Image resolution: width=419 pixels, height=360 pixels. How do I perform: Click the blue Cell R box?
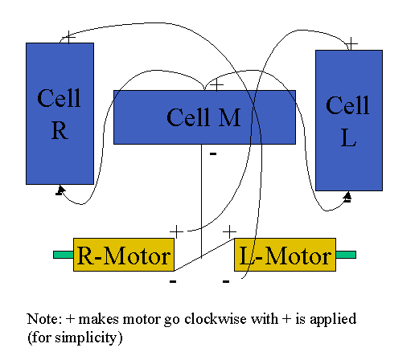pyautogui.click(x=60, y=113)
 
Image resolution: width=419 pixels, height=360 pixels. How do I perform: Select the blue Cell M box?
pyautogui.click(x=204, y=117)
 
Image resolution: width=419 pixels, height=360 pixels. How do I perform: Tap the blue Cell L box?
pyautogui.click(x=349, y=121)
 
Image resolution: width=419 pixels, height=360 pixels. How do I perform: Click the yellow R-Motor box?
pyautogui.click(x=124, y=255)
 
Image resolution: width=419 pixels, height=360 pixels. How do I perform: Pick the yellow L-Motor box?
pyautogui.click(x=285, y=255)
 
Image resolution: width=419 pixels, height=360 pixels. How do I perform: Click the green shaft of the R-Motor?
pyautogui.click(x=64, y=255)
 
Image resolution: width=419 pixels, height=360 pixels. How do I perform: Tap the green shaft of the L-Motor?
pyautogui.click(x=346, y=255)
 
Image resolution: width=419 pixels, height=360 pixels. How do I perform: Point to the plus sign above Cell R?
pyautogui.click(x=69, y=37)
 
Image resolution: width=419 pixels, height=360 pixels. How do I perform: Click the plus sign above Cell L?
pyautogui.click(x=351, y=43)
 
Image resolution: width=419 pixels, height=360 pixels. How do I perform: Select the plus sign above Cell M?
pyautogui.click(x=216, y=85)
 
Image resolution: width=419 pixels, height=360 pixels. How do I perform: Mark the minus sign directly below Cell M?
pyautogui.click(x=213, y=153)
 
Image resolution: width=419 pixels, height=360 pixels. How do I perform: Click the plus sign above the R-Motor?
pyautogui.click(x=176, y=231)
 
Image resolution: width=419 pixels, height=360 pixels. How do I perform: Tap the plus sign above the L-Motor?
pyautogui.click(x=229, y=231)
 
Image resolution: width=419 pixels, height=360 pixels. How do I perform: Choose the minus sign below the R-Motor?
pyautogui.click(x=173, y=281)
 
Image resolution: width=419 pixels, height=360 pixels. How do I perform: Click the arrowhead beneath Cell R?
pyautogui.click(x=60, y=190)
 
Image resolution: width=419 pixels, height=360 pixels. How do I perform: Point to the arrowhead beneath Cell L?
pyautogui.click(x=347, y=196)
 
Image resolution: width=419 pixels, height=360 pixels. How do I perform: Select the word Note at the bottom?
pyautogui.click(x=44, y=319)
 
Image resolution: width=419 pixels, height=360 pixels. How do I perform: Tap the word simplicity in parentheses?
pyautogui.click(x=86, y=337)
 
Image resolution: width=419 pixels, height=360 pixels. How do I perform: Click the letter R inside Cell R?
pyautogui.click(x=60, y=131)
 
